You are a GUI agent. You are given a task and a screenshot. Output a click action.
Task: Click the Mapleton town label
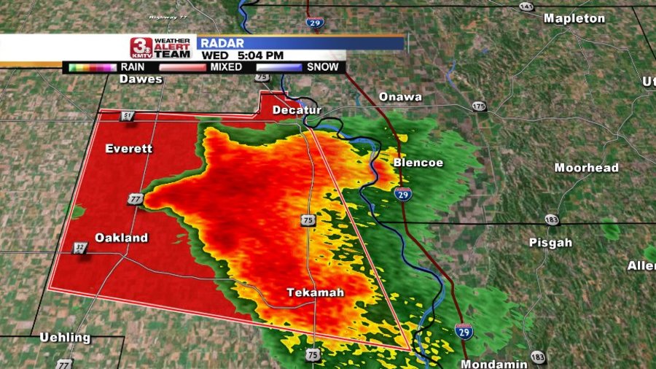[574, 18]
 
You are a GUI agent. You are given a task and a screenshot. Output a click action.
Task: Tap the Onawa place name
[400, 97]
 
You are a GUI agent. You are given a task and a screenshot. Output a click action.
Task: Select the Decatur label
[297, 110]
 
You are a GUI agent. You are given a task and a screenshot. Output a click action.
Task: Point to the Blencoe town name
[418, 163]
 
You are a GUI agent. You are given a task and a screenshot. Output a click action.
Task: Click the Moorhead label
[586, 168]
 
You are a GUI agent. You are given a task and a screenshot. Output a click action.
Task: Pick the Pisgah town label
[550, 242]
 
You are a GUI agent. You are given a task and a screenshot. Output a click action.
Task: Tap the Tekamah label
[315, 292]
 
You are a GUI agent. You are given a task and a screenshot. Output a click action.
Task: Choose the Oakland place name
[121, 238]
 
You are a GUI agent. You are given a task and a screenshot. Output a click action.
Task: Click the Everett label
[129, 149]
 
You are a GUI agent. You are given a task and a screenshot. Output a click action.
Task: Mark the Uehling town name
[66, 338]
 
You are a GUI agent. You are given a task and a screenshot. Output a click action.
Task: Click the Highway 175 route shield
[478, 106]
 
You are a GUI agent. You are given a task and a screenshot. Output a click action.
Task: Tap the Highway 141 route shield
[526, 6]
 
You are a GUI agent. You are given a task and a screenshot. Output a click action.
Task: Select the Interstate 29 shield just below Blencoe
[403, 193]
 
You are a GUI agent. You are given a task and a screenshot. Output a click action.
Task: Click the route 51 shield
[128, 116]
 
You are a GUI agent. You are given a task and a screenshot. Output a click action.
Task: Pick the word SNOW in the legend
[322, 67]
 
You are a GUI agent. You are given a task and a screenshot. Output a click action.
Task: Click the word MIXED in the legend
[227, 67]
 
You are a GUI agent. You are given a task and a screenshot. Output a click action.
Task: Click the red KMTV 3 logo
[141, 48]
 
